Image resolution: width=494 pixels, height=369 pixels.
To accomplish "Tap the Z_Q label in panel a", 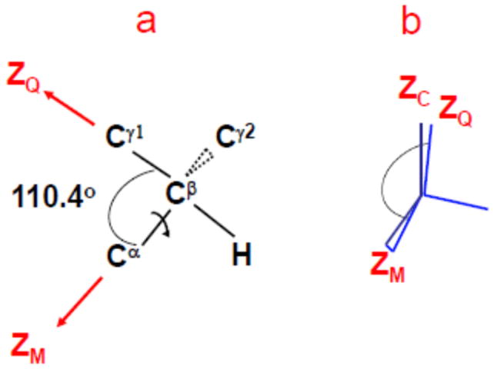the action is tap(25, 77).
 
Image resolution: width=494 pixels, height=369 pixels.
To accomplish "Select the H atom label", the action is tap(242, 255).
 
